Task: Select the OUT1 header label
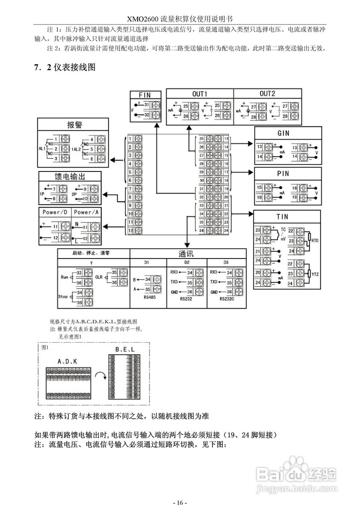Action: (199, 94)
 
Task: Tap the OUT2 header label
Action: (267, 94)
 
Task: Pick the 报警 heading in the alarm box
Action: (74, 124)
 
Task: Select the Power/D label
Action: (55, 212)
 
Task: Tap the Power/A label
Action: (86, 212)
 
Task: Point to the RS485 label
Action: (148, 297)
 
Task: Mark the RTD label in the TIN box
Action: (315, 241)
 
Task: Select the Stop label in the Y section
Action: (63, 297)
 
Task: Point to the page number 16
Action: (180, 503)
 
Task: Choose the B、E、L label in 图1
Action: (125, 350)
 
